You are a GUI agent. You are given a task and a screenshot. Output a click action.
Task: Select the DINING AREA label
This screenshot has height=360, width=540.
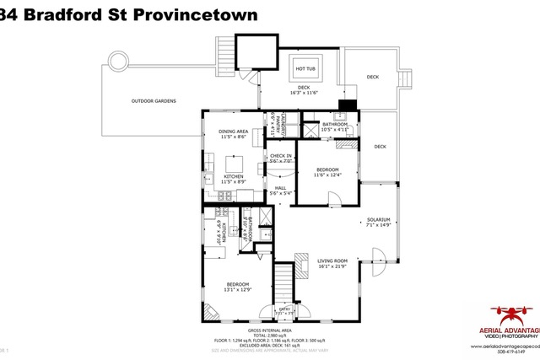click(x=233, y=132)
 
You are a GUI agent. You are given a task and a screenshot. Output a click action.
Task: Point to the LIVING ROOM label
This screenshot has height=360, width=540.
click(x=332, y=261)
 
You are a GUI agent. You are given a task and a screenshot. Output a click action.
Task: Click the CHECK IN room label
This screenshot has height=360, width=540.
click(x=280, y=156)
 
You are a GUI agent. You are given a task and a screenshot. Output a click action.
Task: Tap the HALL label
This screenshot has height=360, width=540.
click(x=280, y=188)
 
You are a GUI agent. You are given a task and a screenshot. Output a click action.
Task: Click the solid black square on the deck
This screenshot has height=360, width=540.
click(x=342, y=106)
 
